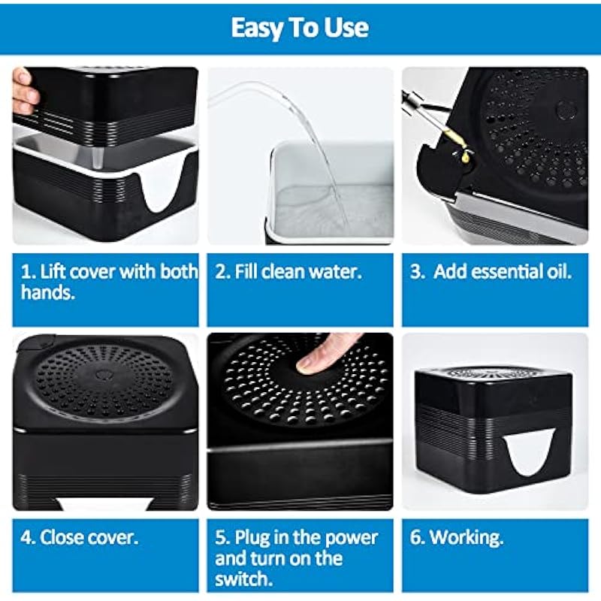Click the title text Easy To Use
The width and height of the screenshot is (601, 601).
(x=300, y=28)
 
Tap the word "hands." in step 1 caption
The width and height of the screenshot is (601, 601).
(x=48, y=292)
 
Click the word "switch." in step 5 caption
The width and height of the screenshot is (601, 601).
(x=243, y=578)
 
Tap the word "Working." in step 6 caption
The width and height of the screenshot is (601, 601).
(x=466, y=537)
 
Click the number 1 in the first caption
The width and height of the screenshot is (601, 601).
(x=26, y=272)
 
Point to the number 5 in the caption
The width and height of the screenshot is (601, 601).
(x=220, y=538)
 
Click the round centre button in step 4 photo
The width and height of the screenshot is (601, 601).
(x=103, y=373)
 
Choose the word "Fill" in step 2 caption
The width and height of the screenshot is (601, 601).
(x=244, y=271)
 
